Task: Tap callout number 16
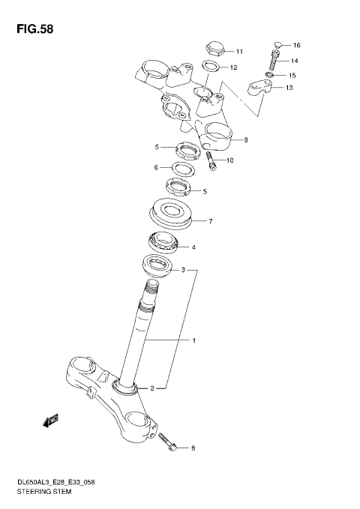296,45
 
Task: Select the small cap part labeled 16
278,44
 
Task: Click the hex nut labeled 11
213,50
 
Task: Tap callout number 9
244,139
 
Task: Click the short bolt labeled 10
212,162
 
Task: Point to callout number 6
156,167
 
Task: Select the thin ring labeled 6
184,169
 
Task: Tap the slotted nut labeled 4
162,242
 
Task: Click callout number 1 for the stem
193,341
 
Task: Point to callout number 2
151,388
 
